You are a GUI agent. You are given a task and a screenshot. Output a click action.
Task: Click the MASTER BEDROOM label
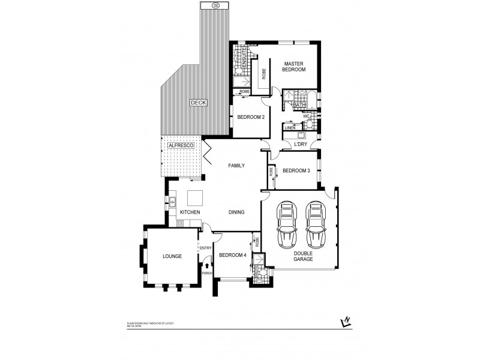(x=295, y=67)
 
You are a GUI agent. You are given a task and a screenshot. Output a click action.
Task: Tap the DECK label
(x=198, y=103)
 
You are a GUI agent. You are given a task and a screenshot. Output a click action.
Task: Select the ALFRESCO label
(x=179, y=146)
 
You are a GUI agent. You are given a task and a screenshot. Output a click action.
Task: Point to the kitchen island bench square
(x=196, y=199)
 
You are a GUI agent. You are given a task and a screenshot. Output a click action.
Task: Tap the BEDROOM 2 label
(x=251, y=117)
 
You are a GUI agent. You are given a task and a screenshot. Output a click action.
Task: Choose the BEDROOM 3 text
(x=296, y=171)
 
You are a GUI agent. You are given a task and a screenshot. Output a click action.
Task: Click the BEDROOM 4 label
(x=232, y=256)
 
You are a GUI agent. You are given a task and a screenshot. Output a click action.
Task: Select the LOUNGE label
(x=172, y=256)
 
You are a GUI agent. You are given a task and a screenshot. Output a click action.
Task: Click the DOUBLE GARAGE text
(x=302, y=256)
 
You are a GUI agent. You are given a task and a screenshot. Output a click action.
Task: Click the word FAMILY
(x=236, y=166)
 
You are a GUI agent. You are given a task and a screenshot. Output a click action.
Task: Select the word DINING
(x=236, y=212)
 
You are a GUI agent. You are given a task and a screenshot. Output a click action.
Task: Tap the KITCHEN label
(x=190, y=212)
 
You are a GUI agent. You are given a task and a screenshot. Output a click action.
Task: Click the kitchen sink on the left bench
(x=171, y=202)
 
